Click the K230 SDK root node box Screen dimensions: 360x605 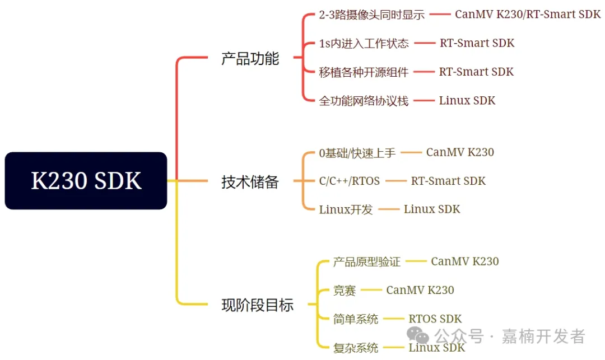(86, 181)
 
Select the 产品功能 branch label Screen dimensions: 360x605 (250, 58)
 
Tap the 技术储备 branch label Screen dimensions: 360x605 (250, 181)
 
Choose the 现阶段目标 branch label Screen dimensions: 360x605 (257, 305)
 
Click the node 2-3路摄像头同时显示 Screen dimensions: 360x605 (371, 15)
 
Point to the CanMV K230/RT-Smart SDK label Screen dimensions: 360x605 (527, 15)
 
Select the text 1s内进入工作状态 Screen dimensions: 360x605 (364, 44)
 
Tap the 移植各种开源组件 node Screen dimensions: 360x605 (364, 72)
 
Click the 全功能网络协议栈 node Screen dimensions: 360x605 (364, 101)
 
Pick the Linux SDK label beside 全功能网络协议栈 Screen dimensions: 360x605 (467, 101)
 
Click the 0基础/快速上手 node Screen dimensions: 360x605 (357, 153)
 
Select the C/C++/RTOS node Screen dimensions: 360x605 (349, 181)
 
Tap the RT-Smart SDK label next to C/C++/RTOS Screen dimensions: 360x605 (448, 181)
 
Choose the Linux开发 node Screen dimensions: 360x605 (346, 210)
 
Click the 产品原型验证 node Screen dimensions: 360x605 (366, 262)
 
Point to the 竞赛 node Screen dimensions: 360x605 (344, 291)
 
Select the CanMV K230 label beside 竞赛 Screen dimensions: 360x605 (420, 290)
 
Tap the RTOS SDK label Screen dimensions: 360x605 (435, 319)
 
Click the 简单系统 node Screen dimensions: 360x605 (355, 320)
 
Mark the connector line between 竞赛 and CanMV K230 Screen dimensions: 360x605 (371, 290)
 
